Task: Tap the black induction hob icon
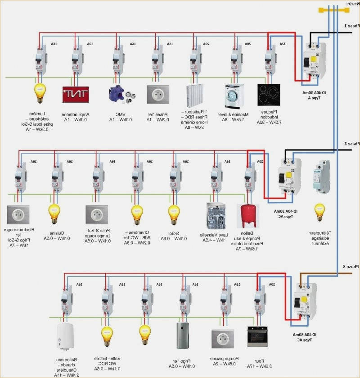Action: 269,95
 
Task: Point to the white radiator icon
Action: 195,95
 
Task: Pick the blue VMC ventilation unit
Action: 115,94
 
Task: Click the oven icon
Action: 257,336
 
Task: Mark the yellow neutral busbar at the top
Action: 333,10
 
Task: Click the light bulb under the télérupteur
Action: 319,211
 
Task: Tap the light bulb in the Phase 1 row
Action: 40,93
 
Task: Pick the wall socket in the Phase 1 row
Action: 156,94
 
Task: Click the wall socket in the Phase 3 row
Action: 222,338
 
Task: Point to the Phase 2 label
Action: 351,144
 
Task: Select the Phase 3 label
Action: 351,267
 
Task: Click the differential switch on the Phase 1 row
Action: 314,62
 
